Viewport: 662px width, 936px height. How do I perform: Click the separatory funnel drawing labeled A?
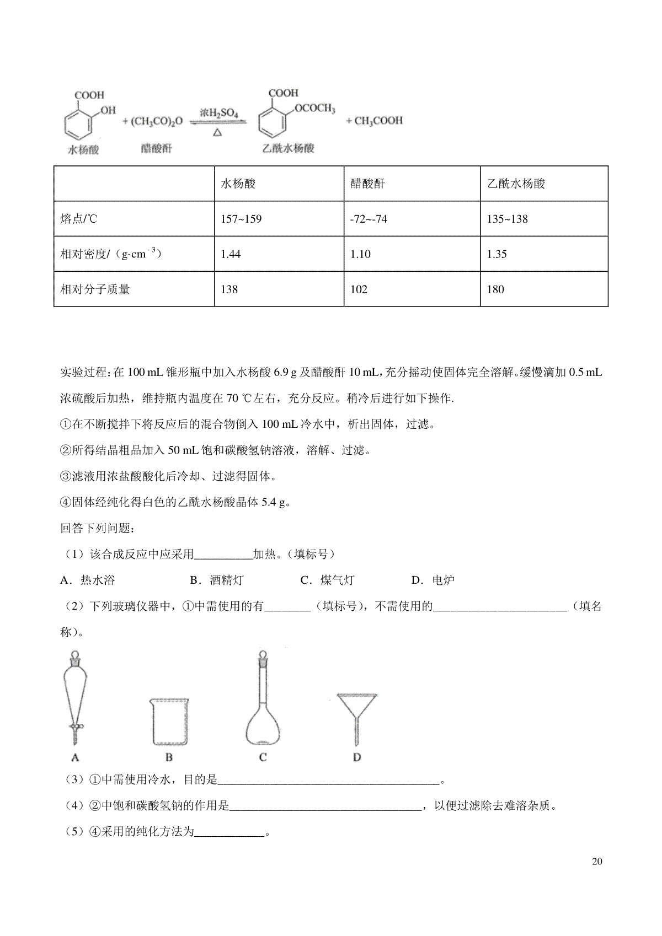tap(75, 697)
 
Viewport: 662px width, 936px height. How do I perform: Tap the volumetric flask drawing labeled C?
tap(263, 700)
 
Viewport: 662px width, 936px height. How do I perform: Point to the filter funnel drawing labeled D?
tap(357, 717)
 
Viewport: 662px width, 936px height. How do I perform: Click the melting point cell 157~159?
tap(241, 219)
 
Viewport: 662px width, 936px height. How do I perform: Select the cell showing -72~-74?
tap(369, 219)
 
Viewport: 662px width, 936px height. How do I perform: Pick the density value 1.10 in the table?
tap(360, 254)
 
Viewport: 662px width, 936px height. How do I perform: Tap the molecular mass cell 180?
tap(495, 289)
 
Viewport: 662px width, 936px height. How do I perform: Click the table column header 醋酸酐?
tap(367, 184)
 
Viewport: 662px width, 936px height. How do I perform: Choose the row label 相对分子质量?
tap(95, 289)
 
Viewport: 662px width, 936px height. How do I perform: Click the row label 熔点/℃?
tap(78, 219)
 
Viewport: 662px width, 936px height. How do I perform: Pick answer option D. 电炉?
tap(433, 580)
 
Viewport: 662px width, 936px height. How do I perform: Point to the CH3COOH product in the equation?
tap(375, 120)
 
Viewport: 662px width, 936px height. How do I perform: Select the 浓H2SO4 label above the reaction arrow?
tap(219, 114)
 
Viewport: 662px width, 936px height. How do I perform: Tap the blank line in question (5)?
tap(230, 832)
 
